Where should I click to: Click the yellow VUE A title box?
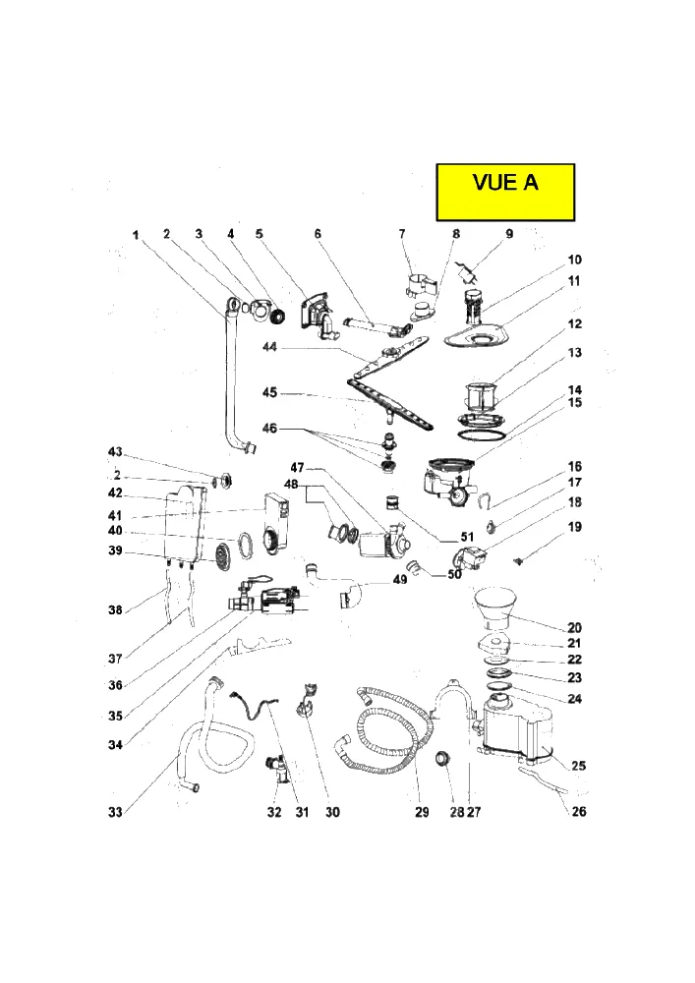click(x=505, y=193)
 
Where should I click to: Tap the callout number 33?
click(x=115, y=813)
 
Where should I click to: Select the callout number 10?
click(x=575, y=260)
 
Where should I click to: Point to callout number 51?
click(x=467, y=537)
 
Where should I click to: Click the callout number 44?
click(x=269, y=347)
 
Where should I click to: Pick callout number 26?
click(x=579, y=811)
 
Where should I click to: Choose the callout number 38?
click(x=115, y=609)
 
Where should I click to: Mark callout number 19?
click(x=575, y=527)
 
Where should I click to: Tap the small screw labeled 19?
click(x=518, y=561)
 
